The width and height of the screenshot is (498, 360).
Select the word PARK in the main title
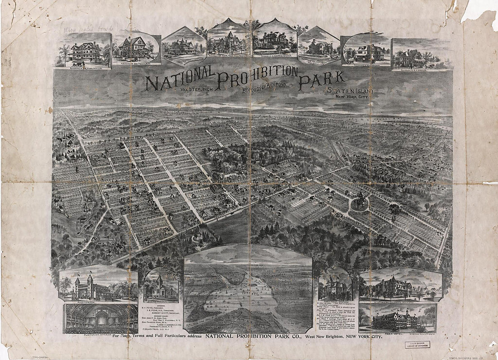point(321,80)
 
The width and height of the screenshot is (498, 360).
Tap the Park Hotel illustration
point(397,320)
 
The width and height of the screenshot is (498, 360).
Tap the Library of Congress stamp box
point(417,345)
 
